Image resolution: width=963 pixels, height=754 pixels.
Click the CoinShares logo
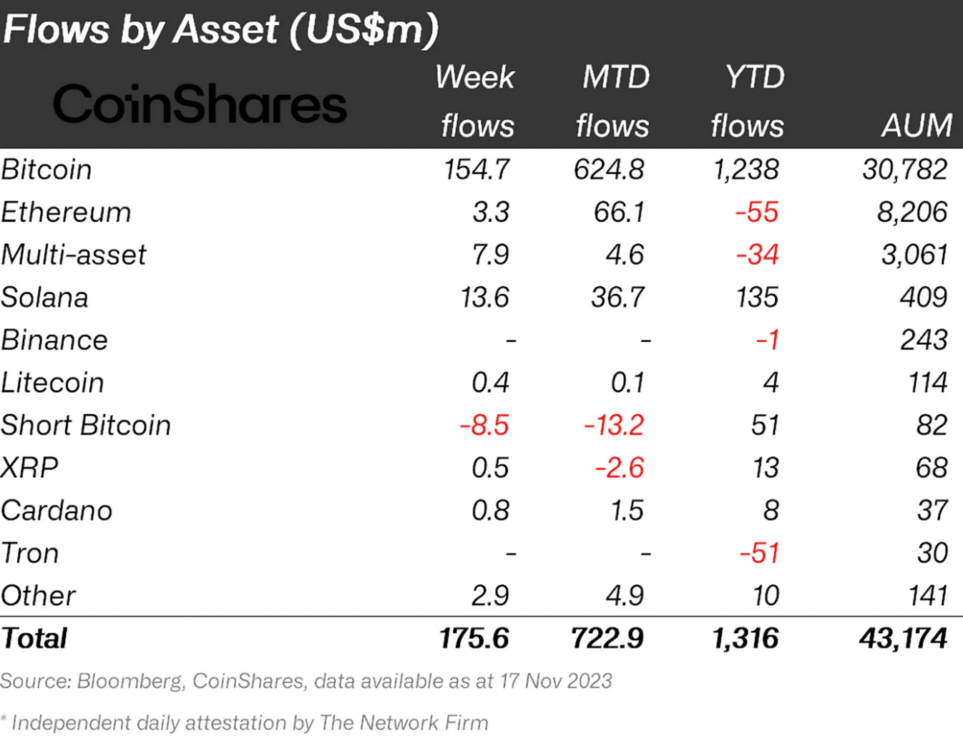(200, 104)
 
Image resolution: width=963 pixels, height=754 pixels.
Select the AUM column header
(916, 126)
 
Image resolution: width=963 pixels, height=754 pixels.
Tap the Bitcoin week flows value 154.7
(476, 170)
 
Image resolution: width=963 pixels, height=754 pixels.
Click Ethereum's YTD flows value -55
(757, 212)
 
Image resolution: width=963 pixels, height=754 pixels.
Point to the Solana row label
(44, 298)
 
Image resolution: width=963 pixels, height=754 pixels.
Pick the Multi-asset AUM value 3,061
(914, 255)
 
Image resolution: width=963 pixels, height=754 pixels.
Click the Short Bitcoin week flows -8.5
(484, 426)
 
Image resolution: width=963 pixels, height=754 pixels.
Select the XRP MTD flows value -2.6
(620, 468)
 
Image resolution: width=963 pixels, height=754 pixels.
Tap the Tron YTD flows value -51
(758, 553)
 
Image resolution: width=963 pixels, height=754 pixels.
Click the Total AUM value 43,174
(904, 638)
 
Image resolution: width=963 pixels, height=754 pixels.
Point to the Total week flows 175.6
(474, 638)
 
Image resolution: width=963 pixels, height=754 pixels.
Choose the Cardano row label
(57, 511)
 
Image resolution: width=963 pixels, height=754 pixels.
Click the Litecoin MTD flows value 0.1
(627, 383)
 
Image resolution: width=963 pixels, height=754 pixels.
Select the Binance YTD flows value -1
(767, 340)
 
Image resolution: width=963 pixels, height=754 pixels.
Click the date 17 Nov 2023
(556, 681)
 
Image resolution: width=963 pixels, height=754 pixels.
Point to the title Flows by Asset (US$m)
(220, 29)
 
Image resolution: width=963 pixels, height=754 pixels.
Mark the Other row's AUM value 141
(928, 596)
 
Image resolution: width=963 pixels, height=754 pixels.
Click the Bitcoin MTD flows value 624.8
(609, 170)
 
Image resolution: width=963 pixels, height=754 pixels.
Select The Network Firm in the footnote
(404, 723)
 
